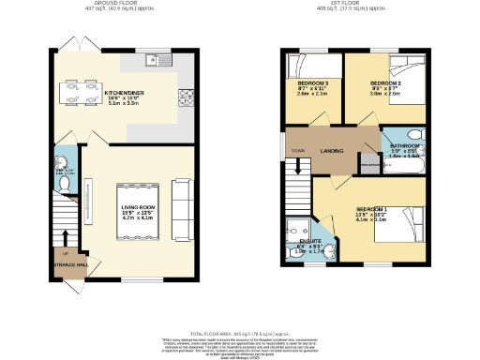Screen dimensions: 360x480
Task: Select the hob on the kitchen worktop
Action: tap(185, 95)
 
